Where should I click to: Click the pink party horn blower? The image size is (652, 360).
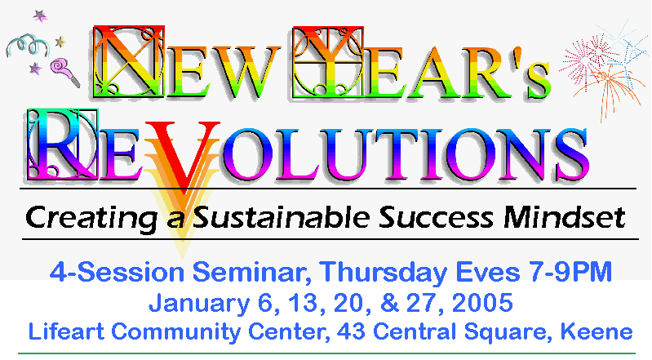(64, 72)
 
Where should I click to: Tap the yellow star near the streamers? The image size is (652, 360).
(60, 41)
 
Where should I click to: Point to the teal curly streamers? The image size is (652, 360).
(28, 45)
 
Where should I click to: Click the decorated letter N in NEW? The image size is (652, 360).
(129, 61)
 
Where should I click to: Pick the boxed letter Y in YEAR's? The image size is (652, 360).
(328, 62)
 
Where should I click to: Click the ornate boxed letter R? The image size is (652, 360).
(63, 144)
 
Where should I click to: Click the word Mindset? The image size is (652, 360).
(564, 217)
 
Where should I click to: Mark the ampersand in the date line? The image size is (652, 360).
(389, 303)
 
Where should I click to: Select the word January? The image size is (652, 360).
(199, 303)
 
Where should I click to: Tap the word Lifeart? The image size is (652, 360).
(66, 331)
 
